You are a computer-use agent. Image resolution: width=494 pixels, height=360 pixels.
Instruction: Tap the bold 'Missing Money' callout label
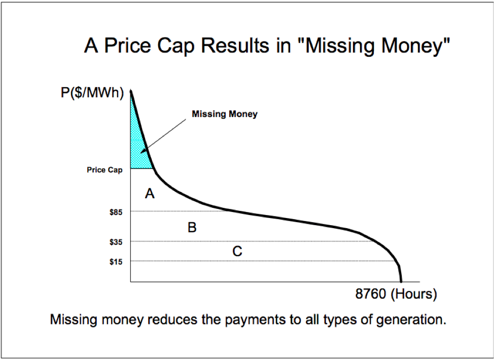[225, 114]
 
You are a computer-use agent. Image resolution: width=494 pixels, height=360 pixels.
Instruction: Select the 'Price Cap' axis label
[104, 170]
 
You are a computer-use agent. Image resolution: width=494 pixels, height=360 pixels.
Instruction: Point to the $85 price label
[116, 212]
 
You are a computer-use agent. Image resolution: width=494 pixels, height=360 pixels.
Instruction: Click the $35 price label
[116, 242]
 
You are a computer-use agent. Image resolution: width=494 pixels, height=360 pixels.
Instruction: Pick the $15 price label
[116, 262]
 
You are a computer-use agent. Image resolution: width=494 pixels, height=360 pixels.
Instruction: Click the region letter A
[150, 193]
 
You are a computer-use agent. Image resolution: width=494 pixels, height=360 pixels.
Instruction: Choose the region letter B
[192, 227]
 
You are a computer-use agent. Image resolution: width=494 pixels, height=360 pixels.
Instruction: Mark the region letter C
[237, 251]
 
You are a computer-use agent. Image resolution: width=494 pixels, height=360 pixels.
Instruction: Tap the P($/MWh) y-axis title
[92, 93]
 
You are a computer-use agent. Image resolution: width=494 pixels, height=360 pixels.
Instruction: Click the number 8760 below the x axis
[370, 294]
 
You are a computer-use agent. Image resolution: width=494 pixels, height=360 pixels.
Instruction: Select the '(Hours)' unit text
[414, 294]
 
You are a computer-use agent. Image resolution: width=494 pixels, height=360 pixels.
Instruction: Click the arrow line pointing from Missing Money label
[163, 136]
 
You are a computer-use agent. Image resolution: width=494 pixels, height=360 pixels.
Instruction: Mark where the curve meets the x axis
[401, 281]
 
